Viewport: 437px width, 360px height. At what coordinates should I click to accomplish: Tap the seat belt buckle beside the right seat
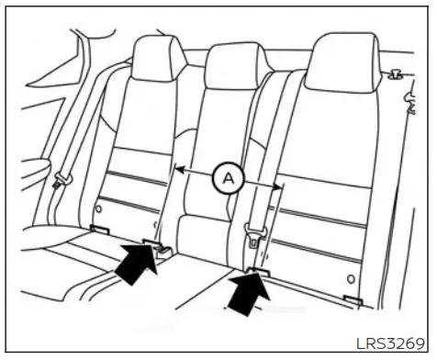pos(250,238)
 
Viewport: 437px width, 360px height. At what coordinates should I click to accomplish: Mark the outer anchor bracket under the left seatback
pos(100,230)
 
